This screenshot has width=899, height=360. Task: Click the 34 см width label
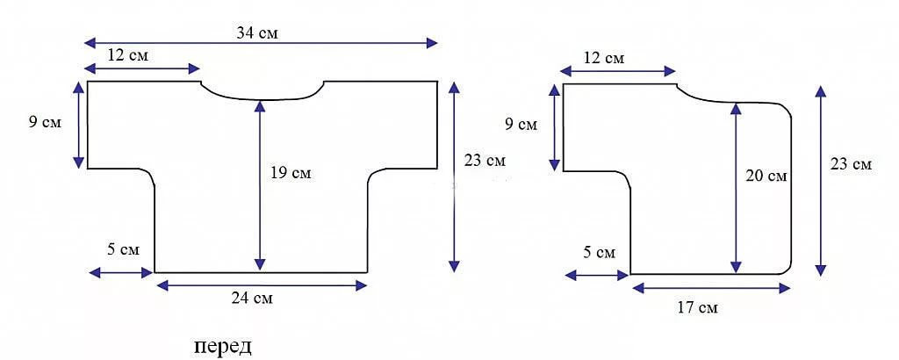[257, 32]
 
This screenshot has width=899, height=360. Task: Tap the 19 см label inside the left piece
[291, 173]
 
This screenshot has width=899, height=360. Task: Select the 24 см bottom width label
[252, 298]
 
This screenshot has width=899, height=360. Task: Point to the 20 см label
[766, 176]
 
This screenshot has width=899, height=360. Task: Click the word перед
[223, 348]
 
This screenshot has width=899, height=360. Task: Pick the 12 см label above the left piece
[128, 55]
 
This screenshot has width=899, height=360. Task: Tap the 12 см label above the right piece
[604, 58]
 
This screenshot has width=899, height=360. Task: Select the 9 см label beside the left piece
[45, 123]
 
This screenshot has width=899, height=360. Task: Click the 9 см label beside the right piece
[521, 125]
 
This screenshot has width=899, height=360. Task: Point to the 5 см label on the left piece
[123, 250]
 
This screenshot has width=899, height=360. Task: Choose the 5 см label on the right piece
[599, 252]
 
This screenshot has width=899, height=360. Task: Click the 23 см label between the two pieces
[485, 161]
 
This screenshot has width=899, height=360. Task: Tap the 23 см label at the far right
[851, 164]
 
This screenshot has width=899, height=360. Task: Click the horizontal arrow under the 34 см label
[261, 42]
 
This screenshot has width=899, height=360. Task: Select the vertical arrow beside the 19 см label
[260, 186]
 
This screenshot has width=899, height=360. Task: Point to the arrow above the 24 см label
[262, 284]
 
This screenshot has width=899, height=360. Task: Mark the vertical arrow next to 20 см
[736, 188]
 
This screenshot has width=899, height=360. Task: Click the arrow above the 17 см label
[711, 288]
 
